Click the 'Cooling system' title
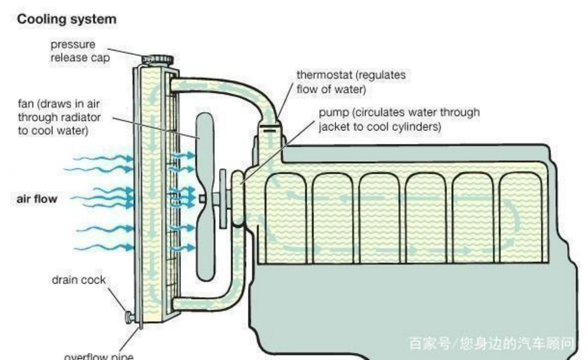[67, 19]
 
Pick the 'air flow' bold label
[36, 199]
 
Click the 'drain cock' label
[79, 280]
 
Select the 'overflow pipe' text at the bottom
[99, 356]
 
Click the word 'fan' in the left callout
[25, 103]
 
